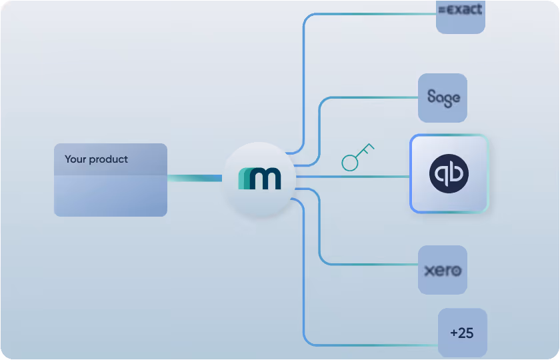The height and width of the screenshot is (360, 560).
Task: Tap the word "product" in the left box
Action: click(108, 160)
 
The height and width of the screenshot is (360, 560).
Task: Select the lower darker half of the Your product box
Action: click(111, 196)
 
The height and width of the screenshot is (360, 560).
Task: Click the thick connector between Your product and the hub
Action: click(194, 178)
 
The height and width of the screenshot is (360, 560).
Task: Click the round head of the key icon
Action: click(350, 162)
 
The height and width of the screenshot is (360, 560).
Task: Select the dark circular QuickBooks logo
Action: click(449, 174)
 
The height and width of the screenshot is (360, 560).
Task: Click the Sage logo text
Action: click(443, 98)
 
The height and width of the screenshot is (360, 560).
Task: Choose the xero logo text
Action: click(443, 271)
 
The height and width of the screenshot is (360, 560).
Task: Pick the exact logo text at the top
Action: click(461, 9)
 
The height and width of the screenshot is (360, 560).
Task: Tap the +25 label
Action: click(461, 333)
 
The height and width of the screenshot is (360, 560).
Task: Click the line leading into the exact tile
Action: click(373, 14)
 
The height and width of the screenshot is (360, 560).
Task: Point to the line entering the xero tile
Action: click(373, 265)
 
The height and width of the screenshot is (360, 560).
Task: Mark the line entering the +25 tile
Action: click(373, 345)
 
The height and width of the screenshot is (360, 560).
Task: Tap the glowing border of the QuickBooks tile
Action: click(411, 174)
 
